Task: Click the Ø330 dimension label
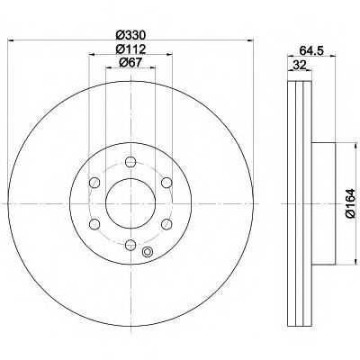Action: tap(130, 35)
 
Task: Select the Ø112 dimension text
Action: tap(130, 49)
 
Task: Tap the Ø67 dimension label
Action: tap(130, 62)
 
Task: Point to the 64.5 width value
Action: tap(311, 50)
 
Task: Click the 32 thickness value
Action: tap(300, 65)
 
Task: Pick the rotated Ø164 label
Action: tap(350, 203)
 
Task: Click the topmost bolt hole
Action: tap(130, 162)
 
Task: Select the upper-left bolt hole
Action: tap(94, 182)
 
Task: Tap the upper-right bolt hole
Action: tap(166, 182)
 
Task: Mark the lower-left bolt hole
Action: tap(94, 224)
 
